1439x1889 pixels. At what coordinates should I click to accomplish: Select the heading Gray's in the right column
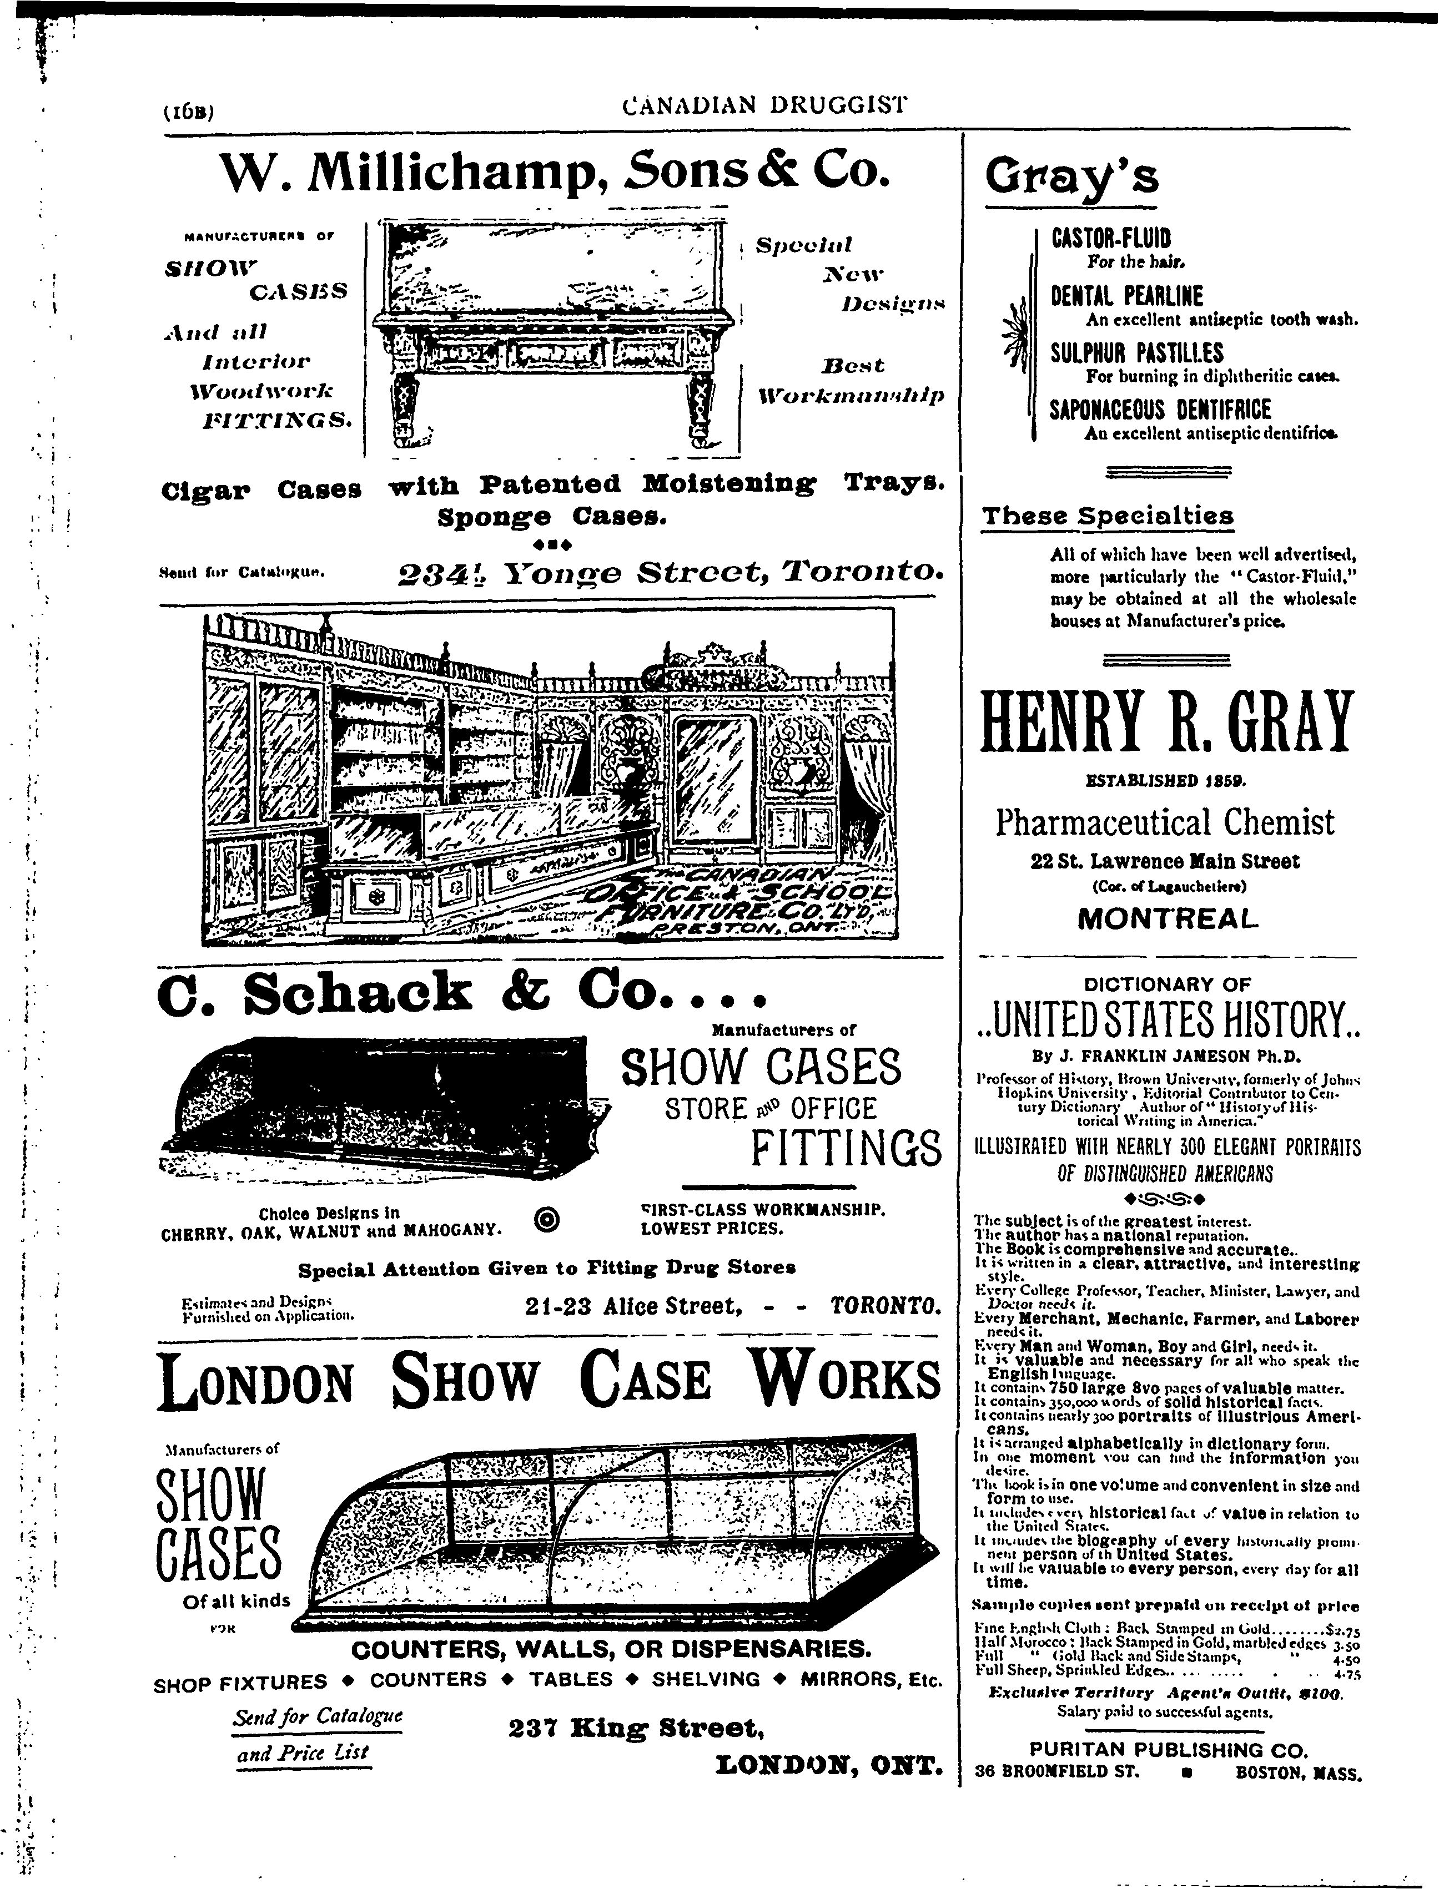1071,177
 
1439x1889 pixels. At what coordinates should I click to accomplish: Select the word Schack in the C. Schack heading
356,993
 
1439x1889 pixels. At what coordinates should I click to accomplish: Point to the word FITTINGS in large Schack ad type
846,1148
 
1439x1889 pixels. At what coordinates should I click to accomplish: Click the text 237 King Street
635,1729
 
